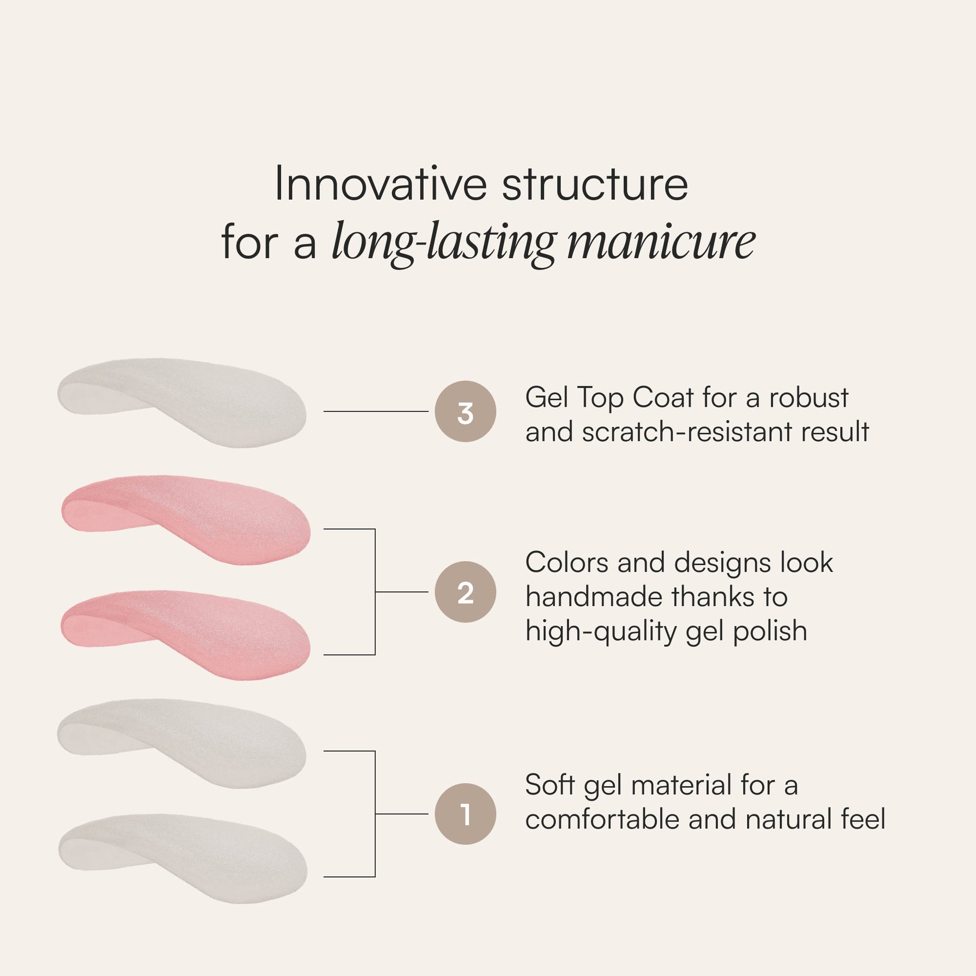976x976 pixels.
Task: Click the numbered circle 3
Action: pos(465,412)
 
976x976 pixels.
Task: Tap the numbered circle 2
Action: pos(465,592)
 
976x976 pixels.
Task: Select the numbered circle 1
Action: pos(465,814)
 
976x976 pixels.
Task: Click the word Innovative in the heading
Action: pos(381,184)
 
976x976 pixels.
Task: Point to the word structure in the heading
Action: pos(595,185)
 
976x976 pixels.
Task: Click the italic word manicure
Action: pos(661,242)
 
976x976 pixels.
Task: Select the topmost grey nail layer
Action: pos(182,402)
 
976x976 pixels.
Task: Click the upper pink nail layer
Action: pos(186,519)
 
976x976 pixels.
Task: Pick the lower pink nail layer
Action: pos(185,634)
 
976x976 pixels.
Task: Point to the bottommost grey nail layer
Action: pos(183,858)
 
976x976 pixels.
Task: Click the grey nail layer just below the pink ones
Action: pos(182,743)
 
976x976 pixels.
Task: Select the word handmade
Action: pos(594,596)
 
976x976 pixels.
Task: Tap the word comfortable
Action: pos(602,819)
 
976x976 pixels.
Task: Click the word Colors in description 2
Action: pos(567,562)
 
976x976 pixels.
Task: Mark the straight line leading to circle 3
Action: pos(376,412)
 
